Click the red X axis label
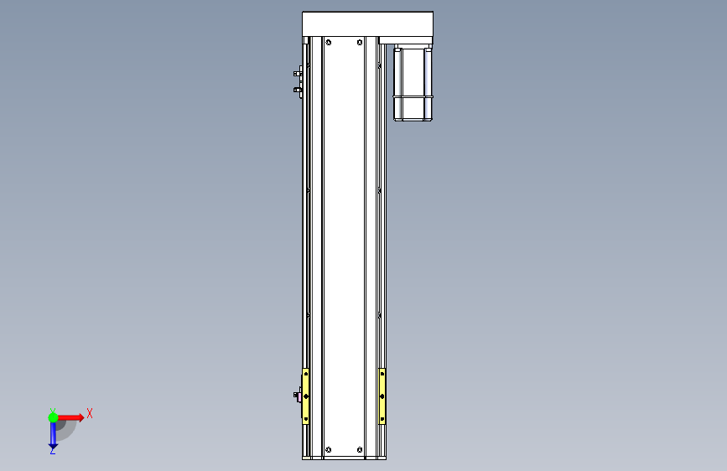pyautogui.click(x=90, y=413)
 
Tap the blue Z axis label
pyautogui.click(x=53, y=450)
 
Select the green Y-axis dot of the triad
pyautogui.click(x=54, y=417)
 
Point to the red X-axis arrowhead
pyautogui.click(x=80, y=417)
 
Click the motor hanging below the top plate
pyautogui.click(x=413, y=83)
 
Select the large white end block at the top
pyautogui.click(x=367, y=24)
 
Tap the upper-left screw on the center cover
pyautogui.click(x=329, y=43)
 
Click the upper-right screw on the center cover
pyautogui.click(x=360, y=43)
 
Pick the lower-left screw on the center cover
pyautogui.click(x=329, y=450)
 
